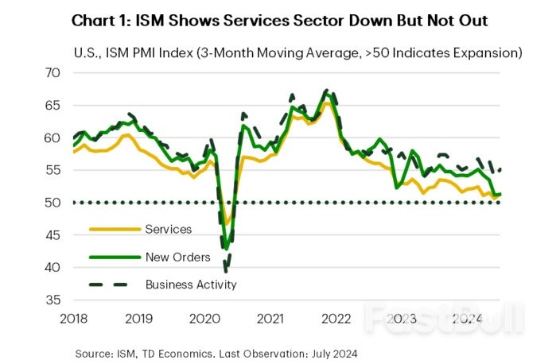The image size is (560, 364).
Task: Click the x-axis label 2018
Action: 74,319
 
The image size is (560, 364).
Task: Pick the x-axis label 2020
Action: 205,319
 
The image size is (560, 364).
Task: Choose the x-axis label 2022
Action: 336,319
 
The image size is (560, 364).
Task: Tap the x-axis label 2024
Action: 467,319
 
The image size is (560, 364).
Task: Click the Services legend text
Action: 169,230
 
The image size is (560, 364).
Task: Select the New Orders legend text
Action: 177,257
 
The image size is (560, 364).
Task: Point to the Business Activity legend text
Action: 191,284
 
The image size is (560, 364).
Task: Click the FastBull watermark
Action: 445,318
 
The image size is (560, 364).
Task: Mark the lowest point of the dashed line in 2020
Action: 227,270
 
